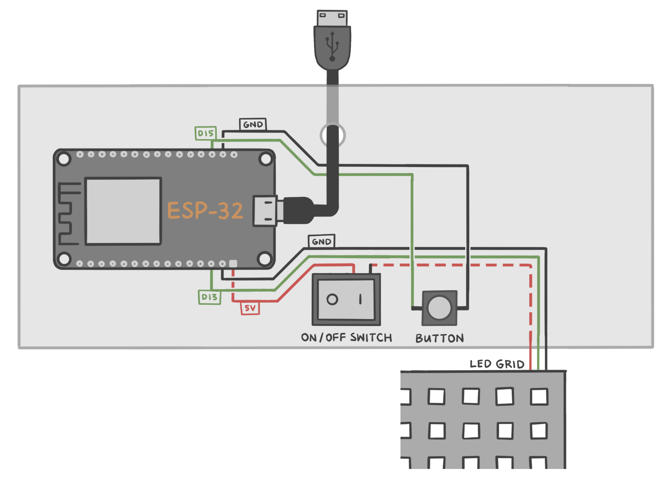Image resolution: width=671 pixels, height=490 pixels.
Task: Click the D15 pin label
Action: (206, 133)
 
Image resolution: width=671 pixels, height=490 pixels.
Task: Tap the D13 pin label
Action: (209, 297)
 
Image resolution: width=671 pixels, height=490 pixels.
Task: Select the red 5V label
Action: (250, 308)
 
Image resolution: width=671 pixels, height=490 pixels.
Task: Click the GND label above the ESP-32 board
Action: (253, 124)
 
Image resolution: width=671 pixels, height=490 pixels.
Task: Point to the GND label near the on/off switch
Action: (321, 241)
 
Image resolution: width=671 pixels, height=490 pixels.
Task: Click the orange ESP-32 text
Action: (205, 211)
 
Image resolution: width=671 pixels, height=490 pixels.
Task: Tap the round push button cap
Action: (439, 308)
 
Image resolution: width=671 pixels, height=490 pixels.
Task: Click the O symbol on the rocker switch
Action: (332, 299)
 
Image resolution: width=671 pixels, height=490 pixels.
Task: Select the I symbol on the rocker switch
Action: (360, 299)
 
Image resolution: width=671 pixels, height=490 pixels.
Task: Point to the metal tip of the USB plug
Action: (332, 18)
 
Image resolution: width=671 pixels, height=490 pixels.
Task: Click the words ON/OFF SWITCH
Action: (346, 338)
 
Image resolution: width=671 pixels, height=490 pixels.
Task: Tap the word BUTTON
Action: (439, 338)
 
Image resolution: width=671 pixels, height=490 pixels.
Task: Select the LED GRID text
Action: (497, 364)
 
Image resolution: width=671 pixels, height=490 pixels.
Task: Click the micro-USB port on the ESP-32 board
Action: (265, 211)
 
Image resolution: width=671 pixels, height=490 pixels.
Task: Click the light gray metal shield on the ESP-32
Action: (123, 211)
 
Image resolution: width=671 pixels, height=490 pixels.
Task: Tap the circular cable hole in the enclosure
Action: (333, 135)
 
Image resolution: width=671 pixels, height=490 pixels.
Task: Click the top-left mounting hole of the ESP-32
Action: (64, 159)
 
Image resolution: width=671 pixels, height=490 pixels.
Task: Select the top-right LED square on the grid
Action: (539, 397)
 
